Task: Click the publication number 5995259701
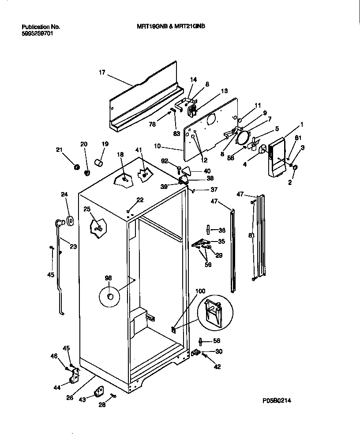[x=37, y=33]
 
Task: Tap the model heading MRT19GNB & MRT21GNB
[x=171, y=26]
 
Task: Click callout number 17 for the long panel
[x=102, y=72]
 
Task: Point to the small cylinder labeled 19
[x=99, y=164]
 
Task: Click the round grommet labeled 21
[x=76, y=167]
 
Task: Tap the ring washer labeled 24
[x=70, y=221]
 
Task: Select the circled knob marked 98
[x=110, y=295]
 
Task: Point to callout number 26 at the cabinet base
[x=70, y=397]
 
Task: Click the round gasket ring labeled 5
[x=242, y=136]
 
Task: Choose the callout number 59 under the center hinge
[x=208, y=265]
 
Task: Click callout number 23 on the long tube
[x=73, y=247]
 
